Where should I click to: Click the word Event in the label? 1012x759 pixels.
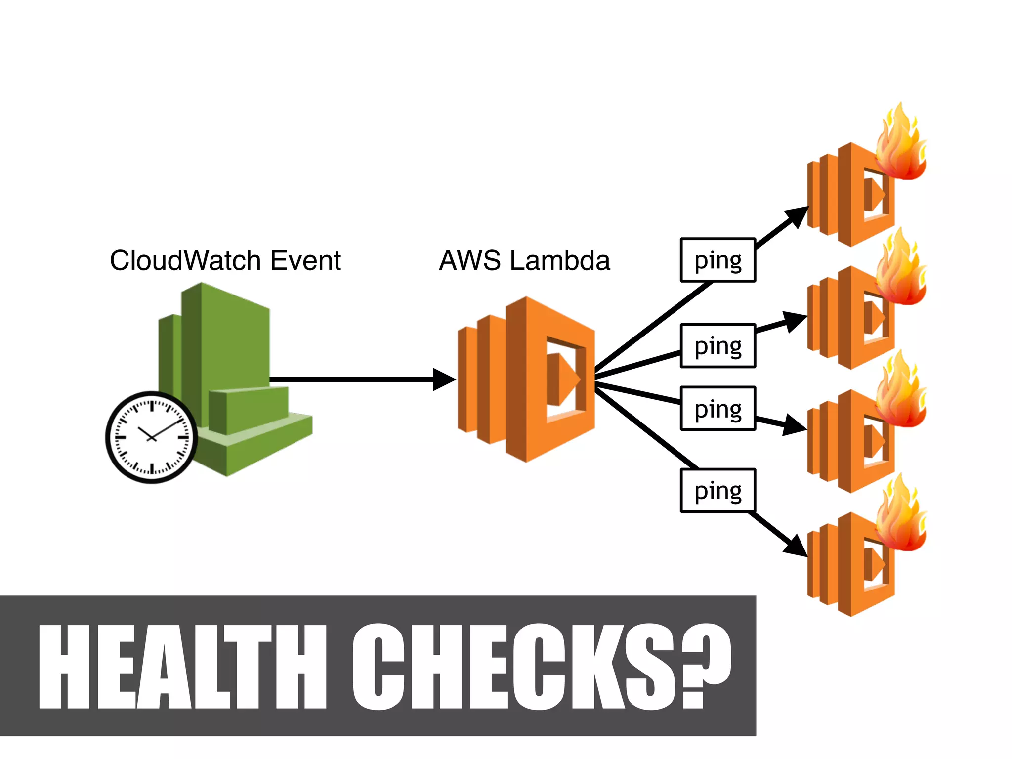tap(305, 260)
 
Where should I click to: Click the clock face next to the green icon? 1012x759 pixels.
tap(152, 437)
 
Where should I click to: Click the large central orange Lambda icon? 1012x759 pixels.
tap(526, 379)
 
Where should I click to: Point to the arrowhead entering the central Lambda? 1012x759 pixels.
tap(444, 379)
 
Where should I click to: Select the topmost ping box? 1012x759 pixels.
tap(717, 260)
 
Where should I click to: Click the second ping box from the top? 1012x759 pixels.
tap(717, 346)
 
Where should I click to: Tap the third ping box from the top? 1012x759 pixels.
tap(717, 409)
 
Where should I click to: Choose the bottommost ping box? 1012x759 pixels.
tap(717, 491)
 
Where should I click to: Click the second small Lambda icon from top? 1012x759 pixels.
tap(850, 319)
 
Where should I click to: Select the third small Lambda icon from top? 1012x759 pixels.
tap(850, 441)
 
